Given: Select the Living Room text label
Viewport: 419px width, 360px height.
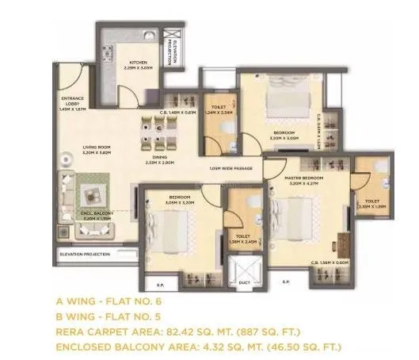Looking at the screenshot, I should pyautogui.click(x=97, y=147).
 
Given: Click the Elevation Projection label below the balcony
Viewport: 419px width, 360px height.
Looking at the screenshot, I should pyautogui.click(x=86, y=254).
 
